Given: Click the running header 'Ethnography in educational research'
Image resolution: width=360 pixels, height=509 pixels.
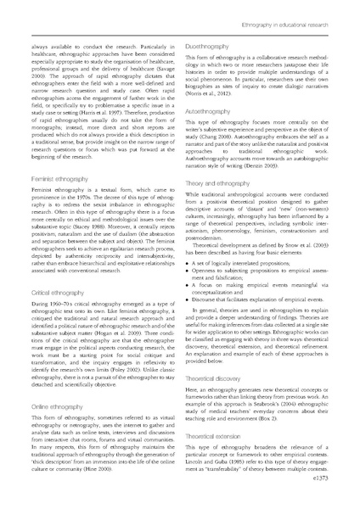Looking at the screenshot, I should click(x=288, y=8).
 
